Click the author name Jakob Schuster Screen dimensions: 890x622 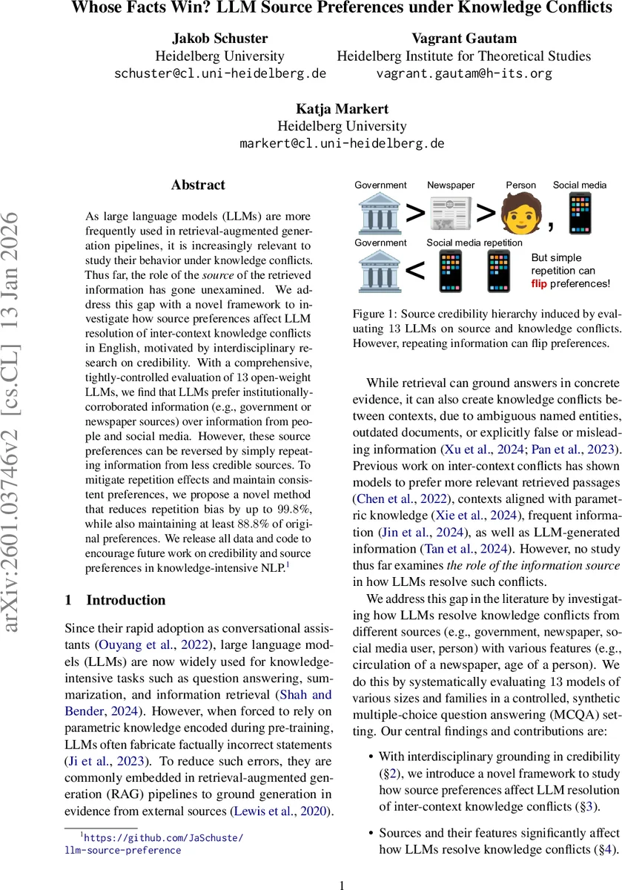(x=219, y=38)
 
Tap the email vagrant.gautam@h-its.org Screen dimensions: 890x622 (x=464, y=73)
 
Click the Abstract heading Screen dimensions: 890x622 (x=198, y=185)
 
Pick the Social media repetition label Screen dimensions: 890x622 (x=474, y=243)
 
